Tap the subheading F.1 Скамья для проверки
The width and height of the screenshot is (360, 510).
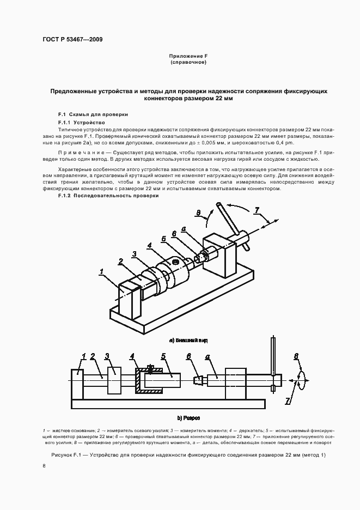point(93,115)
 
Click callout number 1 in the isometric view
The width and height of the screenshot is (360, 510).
point(100,270)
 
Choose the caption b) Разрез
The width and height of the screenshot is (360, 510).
point(188,418)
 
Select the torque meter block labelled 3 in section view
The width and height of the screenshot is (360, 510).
point(115,380)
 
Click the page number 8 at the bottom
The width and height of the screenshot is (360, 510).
point(44,467)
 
